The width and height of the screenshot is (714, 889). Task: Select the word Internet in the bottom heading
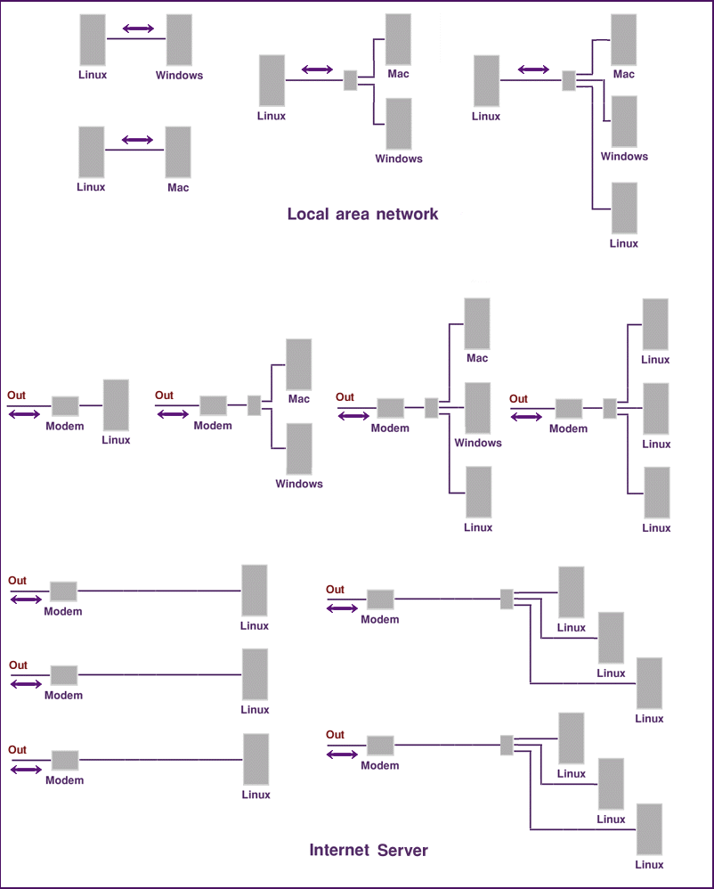coord(339,851)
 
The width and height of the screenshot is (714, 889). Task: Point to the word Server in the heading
coord(402,851)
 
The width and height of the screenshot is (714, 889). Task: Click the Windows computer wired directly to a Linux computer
coord(179,39)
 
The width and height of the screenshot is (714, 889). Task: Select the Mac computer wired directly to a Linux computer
coord(178,151)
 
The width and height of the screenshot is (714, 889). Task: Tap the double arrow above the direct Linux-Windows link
coord(137,29)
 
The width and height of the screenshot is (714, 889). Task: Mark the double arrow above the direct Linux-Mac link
coord(137,140)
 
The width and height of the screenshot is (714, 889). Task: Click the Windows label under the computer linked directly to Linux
coord(179,76)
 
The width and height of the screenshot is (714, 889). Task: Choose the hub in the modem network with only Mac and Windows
coord(254,405)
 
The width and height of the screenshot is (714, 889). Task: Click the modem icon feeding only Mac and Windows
coord(213,405)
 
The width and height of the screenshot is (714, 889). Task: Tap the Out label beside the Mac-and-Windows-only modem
coord(164,396)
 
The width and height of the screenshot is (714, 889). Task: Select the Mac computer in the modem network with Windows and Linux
coord(477,323)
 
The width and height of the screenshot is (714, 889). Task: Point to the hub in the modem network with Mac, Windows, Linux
coord(431,408)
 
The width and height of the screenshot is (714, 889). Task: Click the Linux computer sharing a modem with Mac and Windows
coord(478,492)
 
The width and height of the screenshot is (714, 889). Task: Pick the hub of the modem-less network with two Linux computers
coord(569,81)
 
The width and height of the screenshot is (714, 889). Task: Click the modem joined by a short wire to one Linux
coord(65,406)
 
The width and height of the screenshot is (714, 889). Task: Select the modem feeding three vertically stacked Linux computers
coord(569,409)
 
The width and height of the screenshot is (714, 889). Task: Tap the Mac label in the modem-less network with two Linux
coord(624,74)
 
